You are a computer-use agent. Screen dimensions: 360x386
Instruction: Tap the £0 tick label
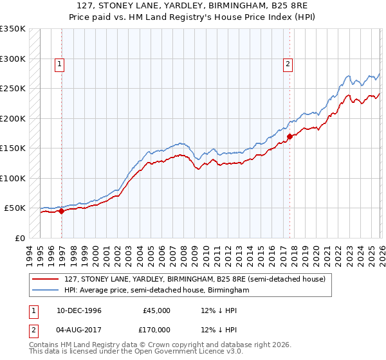click(x=18, y=238)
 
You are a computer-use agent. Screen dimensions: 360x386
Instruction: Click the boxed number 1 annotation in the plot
click(x=59, y=64)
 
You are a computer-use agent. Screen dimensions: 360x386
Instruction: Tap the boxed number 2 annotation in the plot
click(x=287, y=64)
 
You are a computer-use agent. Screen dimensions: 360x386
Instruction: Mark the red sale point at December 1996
click(x=62, y=211)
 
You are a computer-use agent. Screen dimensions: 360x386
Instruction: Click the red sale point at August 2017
click(x=289, y=136)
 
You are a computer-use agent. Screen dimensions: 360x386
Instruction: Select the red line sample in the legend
click(x=46, y=279)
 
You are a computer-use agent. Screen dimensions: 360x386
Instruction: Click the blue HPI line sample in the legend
click(x=46, y=290)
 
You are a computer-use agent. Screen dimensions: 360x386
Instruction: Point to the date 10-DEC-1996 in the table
click(x=78, y=310)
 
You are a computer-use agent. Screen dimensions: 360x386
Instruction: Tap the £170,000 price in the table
click(x=156, y=329)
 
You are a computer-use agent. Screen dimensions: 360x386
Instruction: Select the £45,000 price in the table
click(x=157, y=310)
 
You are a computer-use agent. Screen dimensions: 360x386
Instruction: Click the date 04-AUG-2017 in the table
click(x=78, y=329)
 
